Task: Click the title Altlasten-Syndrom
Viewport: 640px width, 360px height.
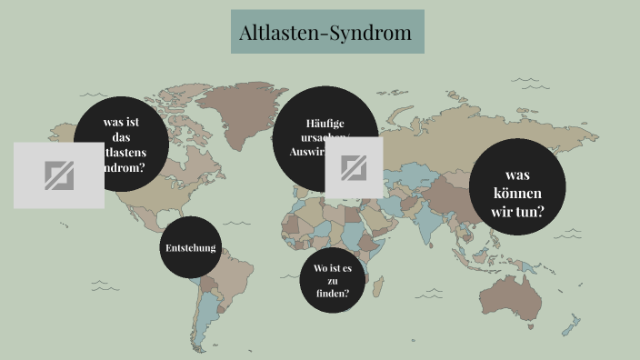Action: [x=326, y=34]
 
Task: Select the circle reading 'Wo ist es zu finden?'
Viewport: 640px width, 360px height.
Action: [x=332, y=280]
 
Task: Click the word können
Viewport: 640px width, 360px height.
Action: [x=517, y=193]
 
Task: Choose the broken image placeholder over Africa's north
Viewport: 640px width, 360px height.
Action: [x=354, y=167]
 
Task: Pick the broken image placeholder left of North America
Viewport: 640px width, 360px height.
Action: [x=58, y=175]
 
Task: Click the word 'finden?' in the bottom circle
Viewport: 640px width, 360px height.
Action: [x=332, y=295]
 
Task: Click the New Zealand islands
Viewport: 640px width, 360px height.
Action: [x=571, y=325]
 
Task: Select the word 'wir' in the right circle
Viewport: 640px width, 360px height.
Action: [x=502, y=212]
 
